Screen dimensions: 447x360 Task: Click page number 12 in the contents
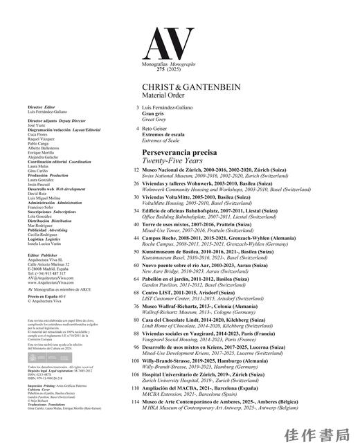coord(136,169)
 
